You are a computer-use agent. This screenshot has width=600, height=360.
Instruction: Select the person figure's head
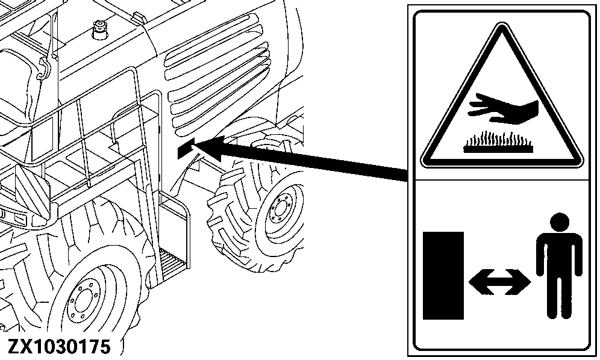click(560, 222)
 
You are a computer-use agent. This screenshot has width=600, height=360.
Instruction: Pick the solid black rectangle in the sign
click(443, 275)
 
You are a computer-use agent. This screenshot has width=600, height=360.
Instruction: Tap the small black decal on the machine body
click(184, 149)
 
